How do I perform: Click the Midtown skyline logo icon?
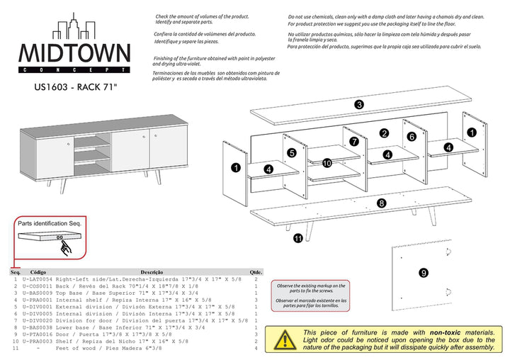[74, 30]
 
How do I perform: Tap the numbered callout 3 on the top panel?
[359, 105]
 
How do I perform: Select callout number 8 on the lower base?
[381, 203]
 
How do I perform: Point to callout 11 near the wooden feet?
[298, 240]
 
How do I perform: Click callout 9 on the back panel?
[423, 272]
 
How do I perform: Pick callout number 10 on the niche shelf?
[327, 163]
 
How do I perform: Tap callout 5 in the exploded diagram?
[291, 152]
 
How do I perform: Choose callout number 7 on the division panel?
[353, 141]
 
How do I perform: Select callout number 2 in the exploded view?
[384, 133]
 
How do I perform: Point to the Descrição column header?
[152, 272]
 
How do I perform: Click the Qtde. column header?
[256, 272]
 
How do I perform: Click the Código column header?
[38, 272]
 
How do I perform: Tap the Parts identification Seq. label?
[50, 223]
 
